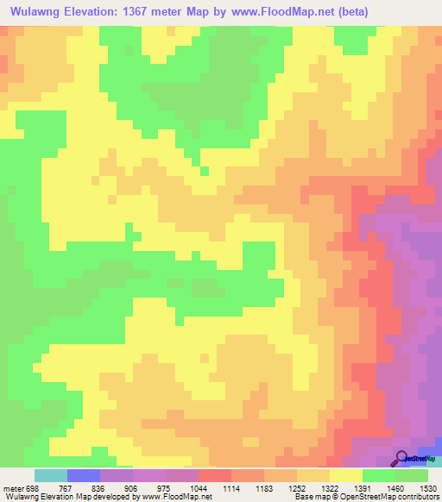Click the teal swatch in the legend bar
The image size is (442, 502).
click(x=51, y=475)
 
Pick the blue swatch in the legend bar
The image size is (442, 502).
click(x=84, y=475)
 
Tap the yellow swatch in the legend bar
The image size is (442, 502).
click(x=346, y=475)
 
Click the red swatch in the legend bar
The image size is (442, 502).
click(x=215, y=475)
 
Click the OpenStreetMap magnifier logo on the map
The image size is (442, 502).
click(x=402, y=458)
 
